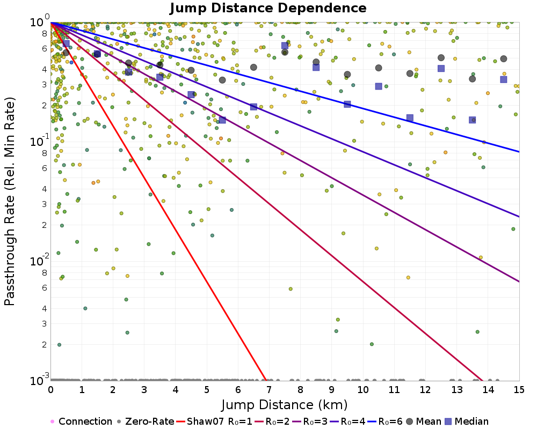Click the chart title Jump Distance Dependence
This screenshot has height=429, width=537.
(x=268, y=8)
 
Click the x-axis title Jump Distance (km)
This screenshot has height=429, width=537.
(x=285, y=404)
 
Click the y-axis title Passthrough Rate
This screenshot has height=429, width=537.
(x=10, y=201)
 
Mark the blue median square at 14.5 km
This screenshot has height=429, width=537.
(x=504, y=79)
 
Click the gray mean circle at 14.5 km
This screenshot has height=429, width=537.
(x=504, y=59)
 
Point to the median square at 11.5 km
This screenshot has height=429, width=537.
(x=410, y=118)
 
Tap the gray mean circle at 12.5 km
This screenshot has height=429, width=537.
(x=441, y=57)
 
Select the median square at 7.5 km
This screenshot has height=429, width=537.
(x=285, y=46)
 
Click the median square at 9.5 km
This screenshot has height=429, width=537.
(x=347, y=104)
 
